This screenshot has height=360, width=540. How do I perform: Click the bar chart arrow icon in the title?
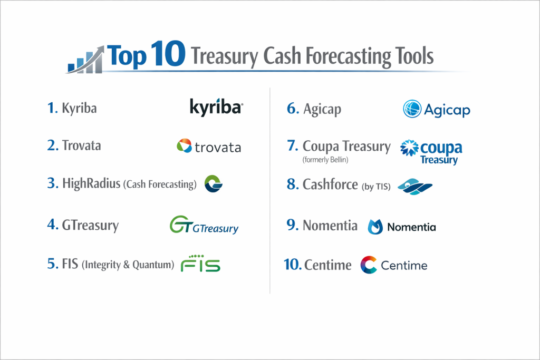click(85, 60)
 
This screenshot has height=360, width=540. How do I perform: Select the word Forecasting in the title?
click(348, 56)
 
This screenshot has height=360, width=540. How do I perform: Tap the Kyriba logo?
click(216, 107)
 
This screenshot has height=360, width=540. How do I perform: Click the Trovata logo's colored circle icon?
click(184, 145)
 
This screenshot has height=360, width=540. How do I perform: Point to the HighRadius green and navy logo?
click(213, 183)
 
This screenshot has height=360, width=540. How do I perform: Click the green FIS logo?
click(200, 264)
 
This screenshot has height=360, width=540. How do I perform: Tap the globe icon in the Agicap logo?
click(412, 109)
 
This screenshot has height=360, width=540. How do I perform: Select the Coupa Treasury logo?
click(431, 152)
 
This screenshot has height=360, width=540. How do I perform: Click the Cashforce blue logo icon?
click(415, 187)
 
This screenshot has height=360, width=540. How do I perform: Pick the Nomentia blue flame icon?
click(375, 227)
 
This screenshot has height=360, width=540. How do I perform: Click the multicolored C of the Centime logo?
click(368, 265)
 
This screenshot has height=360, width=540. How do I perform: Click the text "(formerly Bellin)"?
click(325, 160)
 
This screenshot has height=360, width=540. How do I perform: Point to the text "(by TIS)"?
click(376, 186)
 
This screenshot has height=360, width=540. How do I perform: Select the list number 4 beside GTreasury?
click(53, 225)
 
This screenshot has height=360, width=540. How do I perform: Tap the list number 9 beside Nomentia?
click(292, 225)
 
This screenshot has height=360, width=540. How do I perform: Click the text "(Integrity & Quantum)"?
click(128, 265)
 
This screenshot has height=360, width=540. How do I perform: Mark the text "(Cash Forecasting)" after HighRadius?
click(160, 184)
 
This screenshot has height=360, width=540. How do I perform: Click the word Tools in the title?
click(414, 55)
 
